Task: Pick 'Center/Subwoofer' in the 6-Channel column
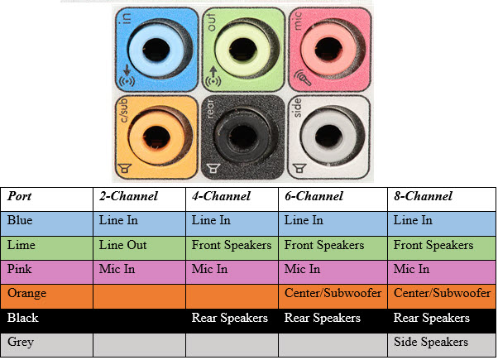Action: (x=333, y=293)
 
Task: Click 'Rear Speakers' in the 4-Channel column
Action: (x=231, y=318)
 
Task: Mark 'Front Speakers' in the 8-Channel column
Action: (x=434, y=245)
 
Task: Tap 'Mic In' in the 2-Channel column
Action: (x=117, y=269)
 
